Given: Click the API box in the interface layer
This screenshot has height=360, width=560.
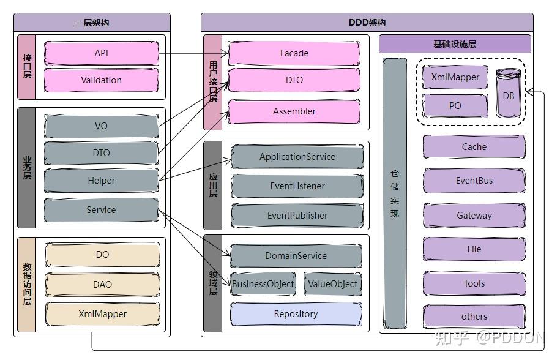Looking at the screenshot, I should click(102, 53).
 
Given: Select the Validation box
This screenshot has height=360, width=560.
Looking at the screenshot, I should click(102, 80).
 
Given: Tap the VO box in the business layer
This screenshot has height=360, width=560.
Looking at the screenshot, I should click(102, 126).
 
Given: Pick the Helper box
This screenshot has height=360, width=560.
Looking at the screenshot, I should click(102, 181).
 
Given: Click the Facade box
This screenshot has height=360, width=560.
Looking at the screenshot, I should click(294, 53).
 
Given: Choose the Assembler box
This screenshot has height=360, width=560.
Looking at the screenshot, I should click(294, 111).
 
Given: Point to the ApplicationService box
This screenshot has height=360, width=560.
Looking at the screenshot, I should click(297, 157).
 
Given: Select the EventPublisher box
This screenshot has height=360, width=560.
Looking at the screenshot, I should click(297, 216).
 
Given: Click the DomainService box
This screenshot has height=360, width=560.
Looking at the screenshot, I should click(296, 256).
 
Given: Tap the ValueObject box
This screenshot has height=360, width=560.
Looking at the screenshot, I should click(332, 284).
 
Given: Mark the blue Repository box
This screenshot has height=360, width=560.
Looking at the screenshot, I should click(296, 314).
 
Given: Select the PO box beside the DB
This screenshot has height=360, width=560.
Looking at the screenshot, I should click(455, 105).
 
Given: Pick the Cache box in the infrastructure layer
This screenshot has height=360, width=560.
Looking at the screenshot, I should click(474, 147).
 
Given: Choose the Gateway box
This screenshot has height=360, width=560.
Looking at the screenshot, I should click(474, 216).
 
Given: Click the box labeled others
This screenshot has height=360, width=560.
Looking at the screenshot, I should click(474, 317).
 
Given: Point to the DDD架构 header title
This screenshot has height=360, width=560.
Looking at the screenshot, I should click(367, 23).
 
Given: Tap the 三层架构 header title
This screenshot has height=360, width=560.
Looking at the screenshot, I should click(92, 23).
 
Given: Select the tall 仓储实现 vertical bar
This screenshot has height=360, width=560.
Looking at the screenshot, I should click(395, 193).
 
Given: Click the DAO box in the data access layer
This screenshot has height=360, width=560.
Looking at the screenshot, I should click(102, 285).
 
